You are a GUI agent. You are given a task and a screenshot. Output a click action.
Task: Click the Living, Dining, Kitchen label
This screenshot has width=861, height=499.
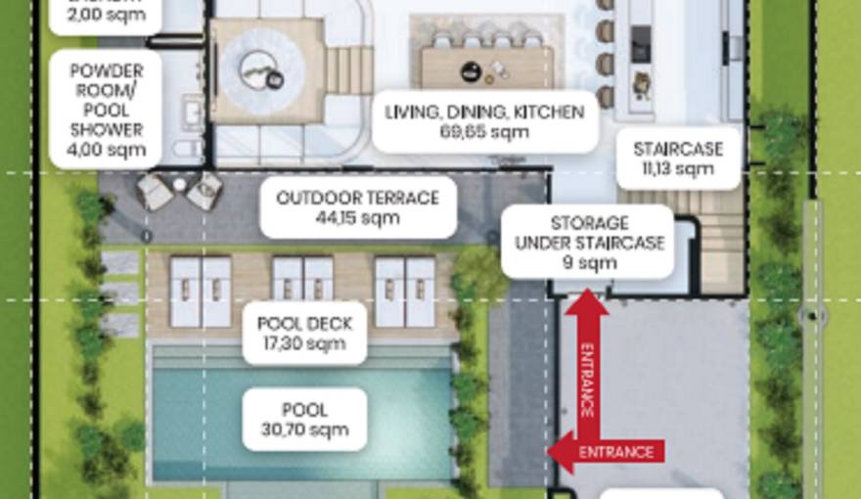pyautogui.click(x=484, y=121)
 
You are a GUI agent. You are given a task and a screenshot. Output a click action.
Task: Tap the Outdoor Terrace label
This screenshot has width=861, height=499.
pyautogui.click(x=358, y=207)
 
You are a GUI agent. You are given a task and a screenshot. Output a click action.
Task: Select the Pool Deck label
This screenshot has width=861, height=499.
pyautogui.click(x=304, y=333)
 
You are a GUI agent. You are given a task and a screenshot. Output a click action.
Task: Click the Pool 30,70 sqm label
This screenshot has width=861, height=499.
pyautogui.click(x=304, y=420)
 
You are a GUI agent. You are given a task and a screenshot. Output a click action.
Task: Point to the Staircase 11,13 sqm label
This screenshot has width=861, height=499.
pyautogui.click(x=678, y=159)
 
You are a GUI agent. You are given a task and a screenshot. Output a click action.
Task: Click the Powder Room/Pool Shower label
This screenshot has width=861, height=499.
pyautogui.click(x=107, y=111)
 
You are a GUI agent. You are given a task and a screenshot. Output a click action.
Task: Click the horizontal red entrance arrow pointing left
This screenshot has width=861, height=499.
pyautogui.click(x=607, y=451)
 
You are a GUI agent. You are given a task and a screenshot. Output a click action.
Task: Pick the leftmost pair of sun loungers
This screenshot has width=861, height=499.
pyautogui.click(x=201, y=291)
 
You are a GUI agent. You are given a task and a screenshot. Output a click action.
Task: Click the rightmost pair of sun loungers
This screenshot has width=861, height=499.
pyautogui.click(x=405, y=291)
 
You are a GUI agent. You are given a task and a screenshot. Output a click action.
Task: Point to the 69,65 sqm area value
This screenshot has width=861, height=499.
pyautogui.click(x=484, y=132)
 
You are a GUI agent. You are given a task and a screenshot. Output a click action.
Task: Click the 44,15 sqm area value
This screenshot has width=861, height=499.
pyautogui.click(x=358, y=218)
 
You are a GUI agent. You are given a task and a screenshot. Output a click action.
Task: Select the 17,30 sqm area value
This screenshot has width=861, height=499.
pyautogui.click(x=304, y=343)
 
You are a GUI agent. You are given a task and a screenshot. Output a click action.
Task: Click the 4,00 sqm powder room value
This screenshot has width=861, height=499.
pyautogui.click(x=107, y=150)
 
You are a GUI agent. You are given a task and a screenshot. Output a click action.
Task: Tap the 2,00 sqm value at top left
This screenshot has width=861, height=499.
pyautogui.click(x=107, y=16)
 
